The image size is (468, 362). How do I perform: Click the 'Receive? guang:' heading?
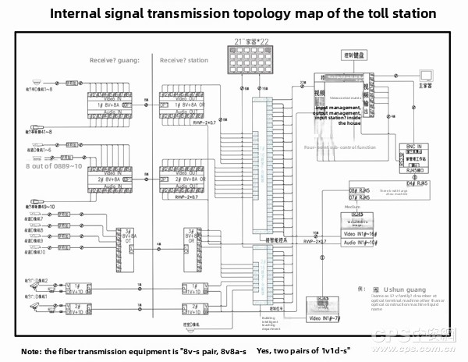coord(115,60)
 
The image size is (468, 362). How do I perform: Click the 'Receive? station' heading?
coord(184,60)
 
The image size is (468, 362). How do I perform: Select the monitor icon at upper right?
coord(425,76)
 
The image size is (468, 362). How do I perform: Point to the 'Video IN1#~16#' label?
coord(361,233)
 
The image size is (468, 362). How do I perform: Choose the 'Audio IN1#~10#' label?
coord(361,243)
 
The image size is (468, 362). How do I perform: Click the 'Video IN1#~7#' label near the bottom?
coord(327,318)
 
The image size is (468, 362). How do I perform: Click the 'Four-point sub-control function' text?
coord(340,147)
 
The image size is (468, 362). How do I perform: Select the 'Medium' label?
coord(353,208)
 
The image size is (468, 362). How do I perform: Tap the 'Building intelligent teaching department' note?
coord(270,324)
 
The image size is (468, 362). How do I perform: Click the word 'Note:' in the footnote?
coord(32,351)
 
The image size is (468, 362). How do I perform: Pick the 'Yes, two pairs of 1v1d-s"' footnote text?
coord(303,351)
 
